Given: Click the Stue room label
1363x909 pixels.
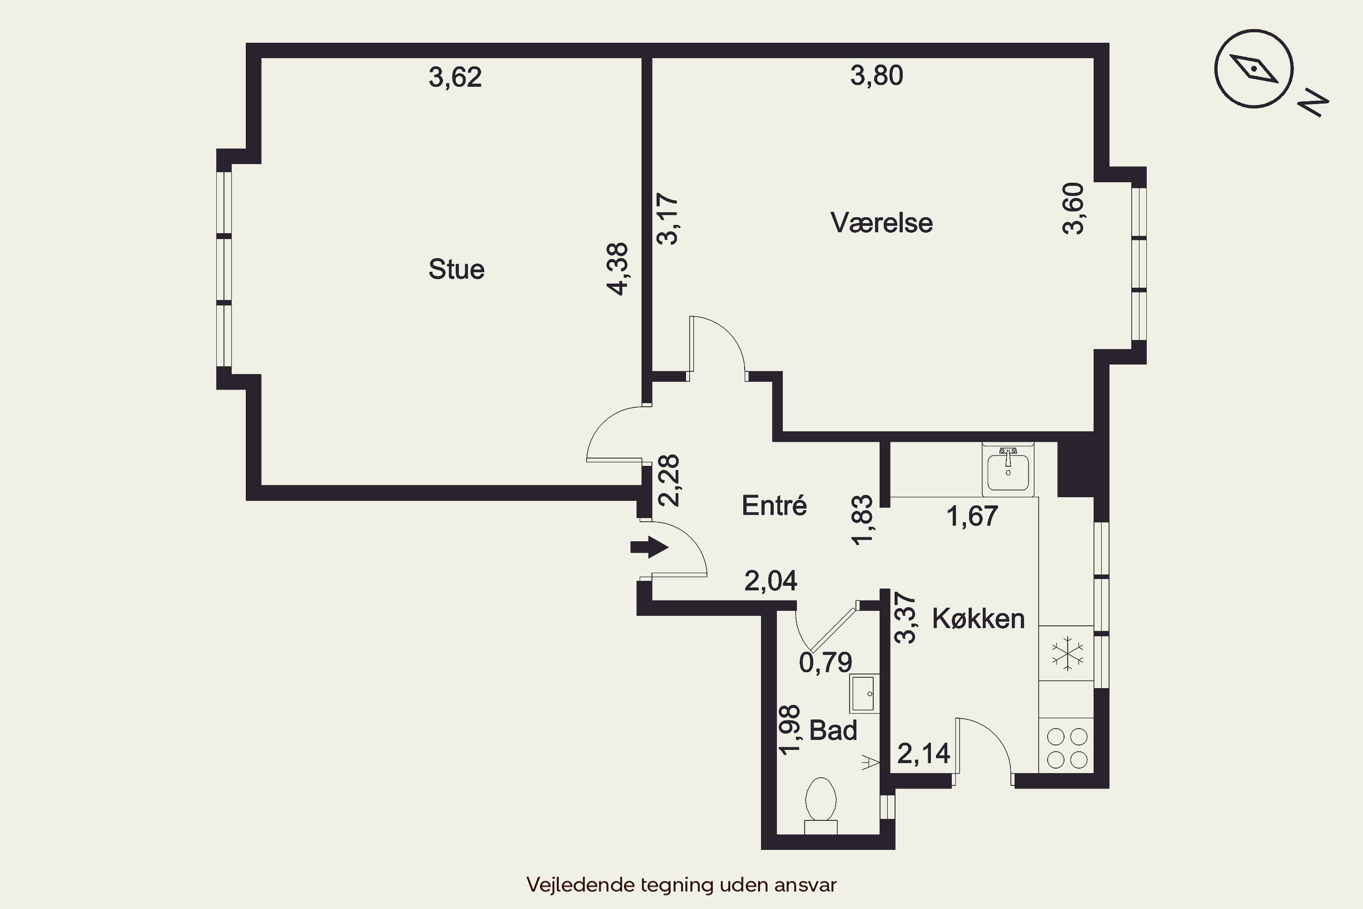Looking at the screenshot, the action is point(456,270).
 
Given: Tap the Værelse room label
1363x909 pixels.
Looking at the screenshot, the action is point(881,223).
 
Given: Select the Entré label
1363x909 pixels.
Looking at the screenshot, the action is point(774,505).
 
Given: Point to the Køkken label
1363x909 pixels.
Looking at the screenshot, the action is point(978,619).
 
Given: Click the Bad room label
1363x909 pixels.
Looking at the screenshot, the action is point(833,730).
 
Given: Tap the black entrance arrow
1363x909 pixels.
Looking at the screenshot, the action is point(650,547).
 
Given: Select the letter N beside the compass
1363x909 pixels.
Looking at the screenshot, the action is point(1313,103).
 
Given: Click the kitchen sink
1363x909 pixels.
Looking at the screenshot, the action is point(1008,469).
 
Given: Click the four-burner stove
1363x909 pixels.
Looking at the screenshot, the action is point(1066,748).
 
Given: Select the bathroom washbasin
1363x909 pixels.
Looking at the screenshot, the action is point(864,694).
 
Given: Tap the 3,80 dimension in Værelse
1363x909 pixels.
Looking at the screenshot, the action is point(876,76).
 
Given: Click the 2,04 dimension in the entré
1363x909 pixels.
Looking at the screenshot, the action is point(771,581).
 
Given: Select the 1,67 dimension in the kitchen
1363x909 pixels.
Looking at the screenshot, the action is point(972,516).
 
